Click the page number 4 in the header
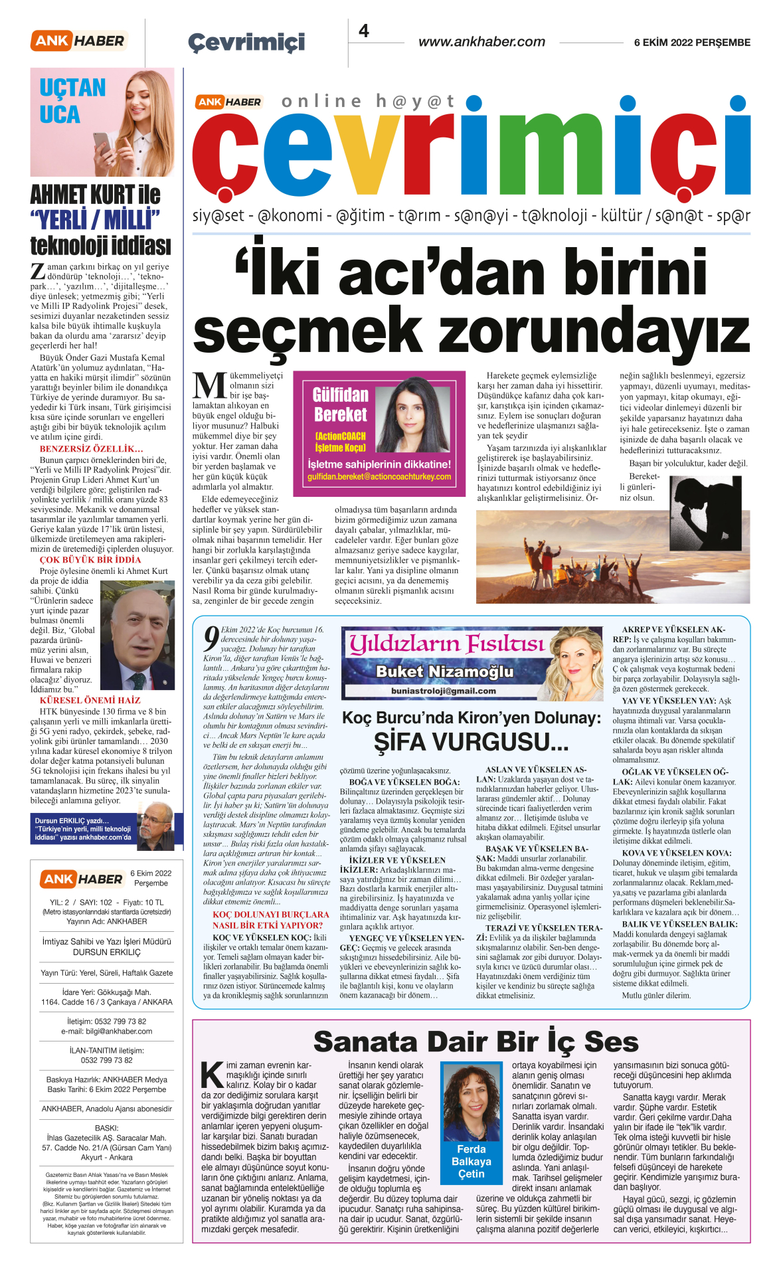tap(364, 31)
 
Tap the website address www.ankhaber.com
tap(481, 42)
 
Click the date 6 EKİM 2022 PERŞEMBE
tap(692, 43)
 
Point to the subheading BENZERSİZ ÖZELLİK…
tap(91, 449)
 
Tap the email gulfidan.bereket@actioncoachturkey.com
tap(379, 477)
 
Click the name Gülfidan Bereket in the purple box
tap(340, 405)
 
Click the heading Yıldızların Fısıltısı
tap(446, 643)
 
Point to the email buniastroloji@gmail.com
tap(443, 691)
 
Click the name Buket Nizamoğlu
tap(444, 672)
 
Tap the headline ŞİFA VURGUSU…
tap(471, 742)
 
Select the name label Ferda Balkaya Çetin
tap(471, 1162)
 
